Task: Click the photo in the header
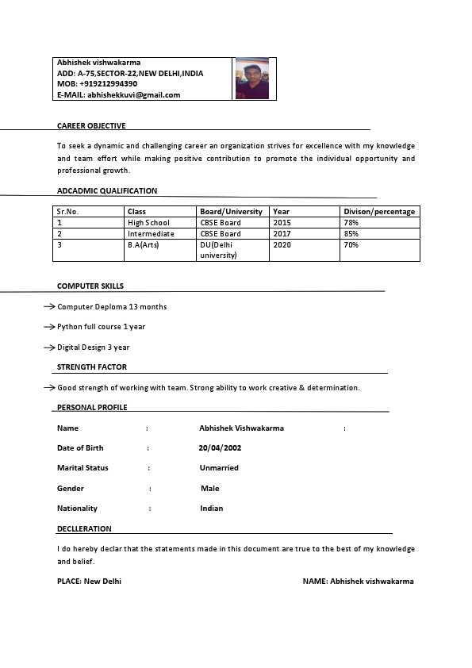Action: click(252, 78)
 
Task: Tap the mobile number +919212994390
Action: click(108, 84)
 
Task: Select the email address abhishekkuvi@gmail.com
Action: click(133, 95)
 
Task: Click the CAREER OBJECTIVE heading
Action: click(91, 126)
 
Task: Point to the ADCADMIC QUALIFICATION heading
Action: click(107, 191)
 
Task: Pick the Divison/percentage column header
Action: click(379, 212)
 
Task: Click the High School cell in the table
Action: click(148, 223)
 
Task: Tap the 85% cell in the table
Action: click(351, 234)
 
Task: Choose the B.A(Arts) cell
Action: click(144, 245)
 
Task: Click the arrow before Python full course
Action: click(49, 327)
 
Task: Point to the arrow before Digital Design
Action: click(49, 347)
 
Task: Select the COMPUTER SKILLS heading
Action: click(90, 286)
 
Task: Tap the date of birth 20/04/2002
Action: click(220, 448)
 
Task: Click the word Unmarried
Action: click(219, 468)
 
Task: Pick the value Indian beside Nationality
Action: click(212, 509)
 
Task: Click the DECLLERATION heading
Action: click(84, 529)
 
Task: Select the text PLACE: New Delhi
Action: click(89, 582)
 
